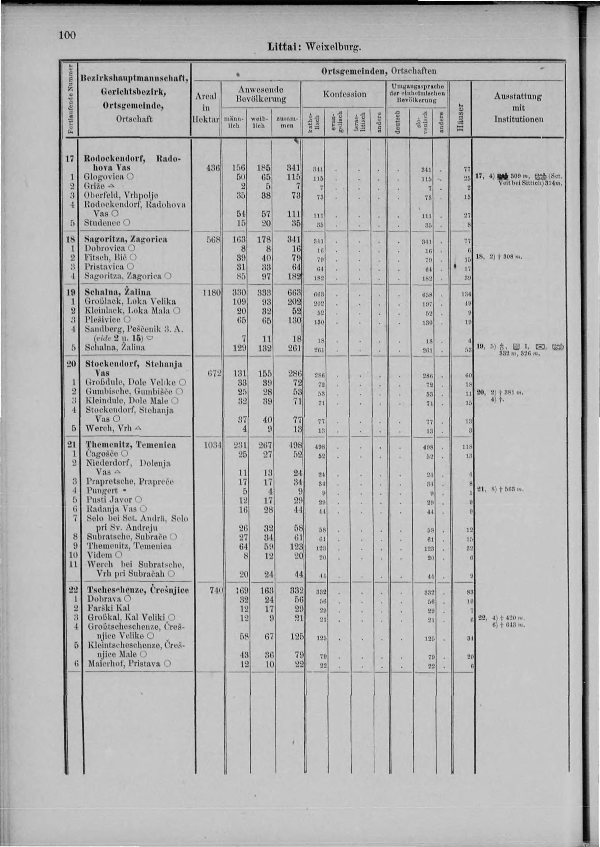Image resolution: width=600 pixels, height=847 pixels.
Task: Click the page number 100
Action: (67, 35)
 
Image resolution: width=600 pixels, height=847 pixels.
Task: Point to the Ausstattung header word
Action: (519, 97)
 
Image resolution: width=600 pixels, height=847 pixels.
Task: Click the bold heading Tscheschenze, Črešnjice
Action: (138, 590)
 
